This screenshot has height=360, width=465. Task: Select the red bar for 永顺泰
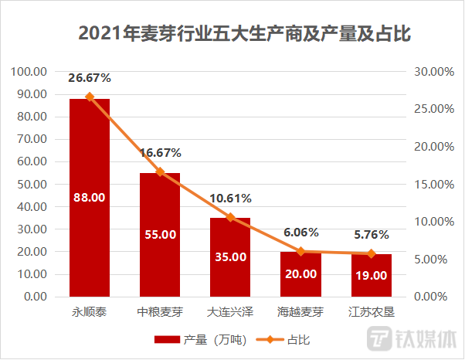(x=90, y=197)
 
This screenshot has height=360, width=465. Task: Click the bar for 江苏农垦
(x=372, y=275)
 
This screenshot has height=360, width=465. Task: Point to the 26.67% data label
(x=90, y=78)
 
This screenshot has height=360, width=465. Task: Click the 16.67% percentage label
(x=161, y=153)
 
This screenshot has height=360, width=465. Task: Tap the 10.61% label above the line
(x=230, y=199)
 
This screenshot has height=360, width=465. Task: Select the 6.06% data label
(x=300, y=232)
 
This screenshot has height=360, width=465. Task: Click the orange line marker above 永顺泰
(x=90, y=97)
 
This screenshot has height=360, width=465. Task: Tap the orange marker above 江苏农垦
(x=372, y=253)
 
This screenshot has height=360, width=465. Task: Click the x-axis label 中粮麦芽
(x=160, y=313)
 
